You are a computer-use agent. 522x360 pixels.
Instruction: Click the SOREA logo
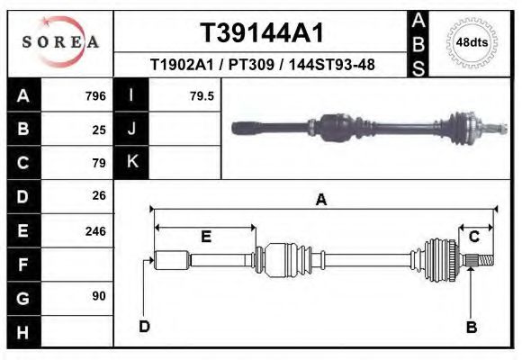tap(59, 43)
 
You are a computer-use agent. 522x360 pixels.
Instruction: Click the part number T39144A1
tap(261, 32)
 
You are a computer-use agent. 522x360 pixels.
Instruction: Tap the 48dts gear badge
tap(472, 41)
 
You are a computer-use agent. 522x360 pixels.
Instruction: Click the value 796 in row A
tap(94, 95)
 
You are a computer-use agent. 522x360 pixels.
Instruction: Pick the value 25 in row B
tap(99, 129)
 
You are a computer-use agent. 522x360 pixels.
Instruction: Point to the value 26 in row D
tap(99, 195)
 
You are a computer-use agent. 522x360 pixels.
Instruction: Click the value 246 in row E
tap(94, 230)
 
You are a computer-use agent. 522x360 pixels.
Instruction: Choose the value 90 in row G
tap(99, 296)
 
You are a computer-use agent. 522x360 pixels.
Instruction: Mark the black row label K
tap(131, 162)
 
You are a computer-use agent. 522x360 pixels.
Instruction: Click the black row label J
tap(131, 129)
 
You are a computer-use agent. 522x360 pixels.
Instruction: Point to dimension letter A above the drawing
tap(320, 200)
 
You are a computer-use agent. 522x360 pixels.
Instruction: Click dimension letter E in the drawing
tap(206, 237)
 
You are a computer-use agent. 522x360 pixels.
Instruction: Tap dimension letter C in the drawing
tap(473, 236)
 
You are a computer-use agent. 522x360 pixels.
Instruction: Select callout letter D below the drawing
tap(144, 326)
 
